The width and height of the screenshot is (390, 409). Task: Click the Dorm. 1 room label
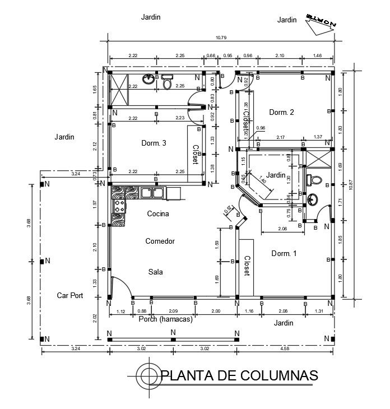284,253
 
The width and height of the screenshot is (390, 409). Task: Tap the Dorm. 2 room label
281,112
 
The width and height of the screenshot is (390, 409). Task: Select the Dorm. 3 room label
153,143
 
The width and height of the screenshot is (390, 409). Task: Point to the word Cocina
158,213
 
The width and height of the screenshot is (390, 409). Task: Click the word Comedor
160,241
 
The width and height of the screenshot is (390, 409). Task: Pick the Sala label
155,272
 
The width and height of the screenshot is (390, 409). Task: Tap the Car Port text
70,295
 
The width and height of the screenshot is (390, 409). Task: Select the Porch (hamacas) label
165,319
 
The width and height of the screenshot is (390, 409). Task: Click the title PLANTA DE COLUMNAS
239,375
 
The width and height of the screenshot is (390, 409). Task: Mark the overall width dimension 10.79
221,38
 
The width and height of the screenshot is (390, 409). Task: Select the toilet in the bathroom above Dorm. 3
166,83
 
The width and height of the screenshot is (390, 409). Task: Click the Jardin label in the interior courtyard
276,175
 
